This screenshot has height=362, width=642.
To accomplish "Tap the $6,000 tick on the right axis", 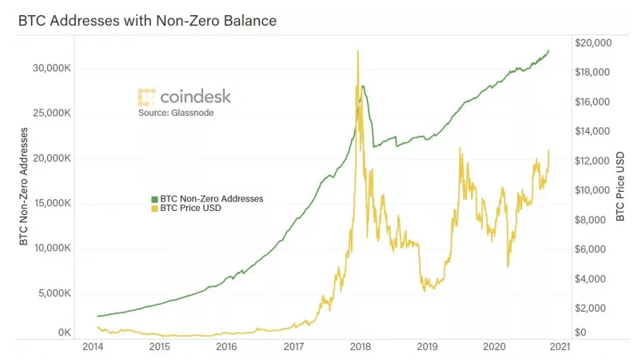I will (596, 249).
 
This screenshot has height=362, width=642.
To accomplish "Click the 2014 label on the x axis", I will (93, 347).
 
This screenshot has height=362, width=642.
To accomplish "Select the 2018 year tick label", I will (361, 347).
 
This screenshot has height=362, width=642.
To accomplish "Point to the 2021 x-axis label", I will (561, 347).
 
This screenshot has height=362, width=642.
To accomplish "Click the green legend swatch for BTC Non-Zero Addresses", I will (154, 197).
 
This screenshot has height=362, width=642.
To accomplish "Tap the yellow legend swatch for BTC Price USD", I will (154, 208).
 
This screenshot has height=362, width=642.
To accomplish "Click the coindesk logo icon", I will (146, 97).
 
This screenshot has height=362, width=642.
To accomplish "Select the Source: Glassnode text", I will (176, 113).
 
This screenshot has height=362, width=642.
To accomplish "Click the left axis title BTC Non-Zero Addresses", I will (23, 185).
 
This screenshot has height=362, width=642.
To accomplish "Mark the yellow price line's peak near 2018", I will (357, 51).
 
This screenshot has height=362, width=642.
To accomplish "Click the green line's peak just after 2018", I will (364, 86).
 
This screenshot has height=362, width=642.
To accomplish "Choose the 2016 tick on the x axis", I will (227, 347).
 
